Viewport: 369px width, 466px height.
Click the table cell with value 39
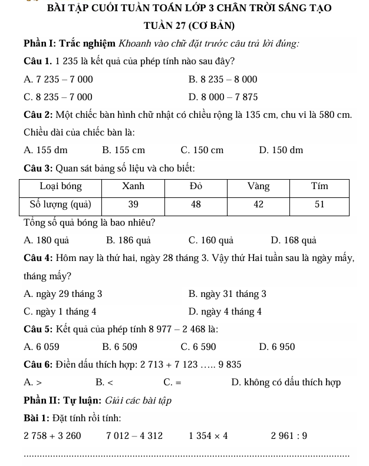click(133, 204)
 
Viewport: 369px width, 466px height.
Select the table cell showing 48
click(196, 204)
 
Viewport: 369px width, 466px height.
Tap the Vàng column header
click(258, 186)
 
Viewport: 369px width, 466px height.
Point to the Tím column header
click(320, 186)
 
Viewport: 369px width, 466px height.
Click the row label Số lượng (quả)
click(60, 204)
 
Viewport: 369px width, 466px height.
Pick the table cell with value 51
click(320, 204)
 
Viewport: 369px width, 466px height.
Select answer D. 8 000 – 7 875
click(223, 97)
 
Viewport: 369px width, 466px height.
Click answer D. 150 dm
click(281, 150)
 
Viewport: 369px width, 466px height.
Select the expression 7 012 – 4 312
click(135, 436)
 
